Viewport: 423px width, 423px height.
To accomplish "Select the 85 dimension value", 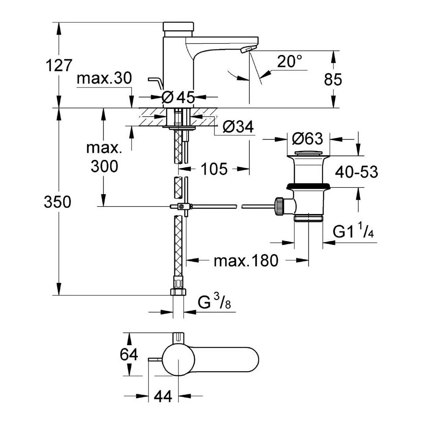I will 332,79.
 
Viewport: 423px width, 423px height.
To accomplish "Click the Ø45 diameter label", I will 178,97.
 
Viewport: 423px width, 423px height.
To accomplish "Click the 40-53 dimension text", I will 356,171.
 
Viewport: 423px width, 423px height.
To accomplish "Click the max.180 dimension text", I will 246,261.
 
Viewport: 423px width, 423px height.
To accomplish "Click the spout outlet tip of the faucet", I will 246,49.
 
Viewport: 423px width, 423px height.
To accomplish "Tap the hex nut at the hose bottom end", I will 179,292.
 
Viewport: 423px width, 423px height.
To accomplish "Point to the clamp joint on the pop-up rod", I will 181,206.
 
